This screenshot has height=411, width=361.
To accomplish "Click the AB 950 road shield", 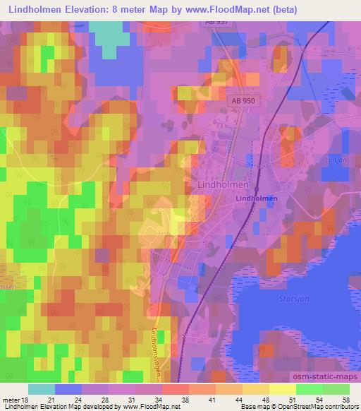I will (x=241, y=102).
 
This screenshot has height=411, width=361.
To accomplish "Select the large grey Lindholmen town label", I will (x=219, y=184).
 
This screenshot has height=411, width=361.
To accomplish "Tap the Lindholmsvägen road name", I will (x=163, y=339).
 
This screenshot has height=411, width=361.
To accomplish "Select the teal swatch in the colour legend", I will (x=42, y=389).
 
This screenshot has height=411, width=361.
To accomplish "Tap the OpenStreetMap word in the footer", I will (x=289, y=407).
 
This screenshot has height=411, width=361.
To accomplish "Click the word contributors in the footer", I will (x=338, y=407).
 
